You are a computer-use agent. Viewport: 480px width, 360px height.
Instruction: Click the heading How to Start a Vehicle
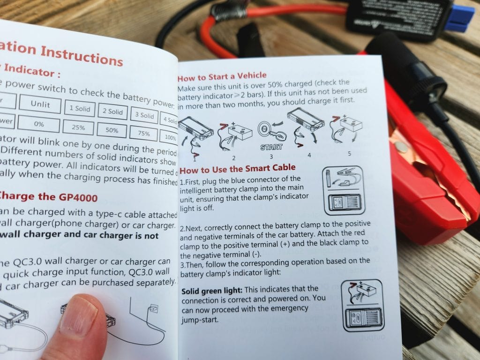pos(222,75)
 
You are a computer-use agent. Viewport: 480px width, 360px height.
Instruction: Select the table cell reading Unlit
pos(40,104)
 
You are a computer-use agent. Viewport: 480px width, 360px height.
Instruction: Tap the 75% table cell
pos(143,134)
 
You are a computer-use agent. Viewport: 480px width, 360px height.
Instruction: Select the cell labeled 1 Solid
pos(80,108)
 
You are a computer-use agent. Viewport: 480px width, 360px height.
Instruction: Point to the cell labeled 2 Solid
pos(112,112)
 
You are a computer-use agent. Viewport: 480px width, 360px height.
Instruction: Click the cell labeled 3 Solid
pos(144,115)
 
